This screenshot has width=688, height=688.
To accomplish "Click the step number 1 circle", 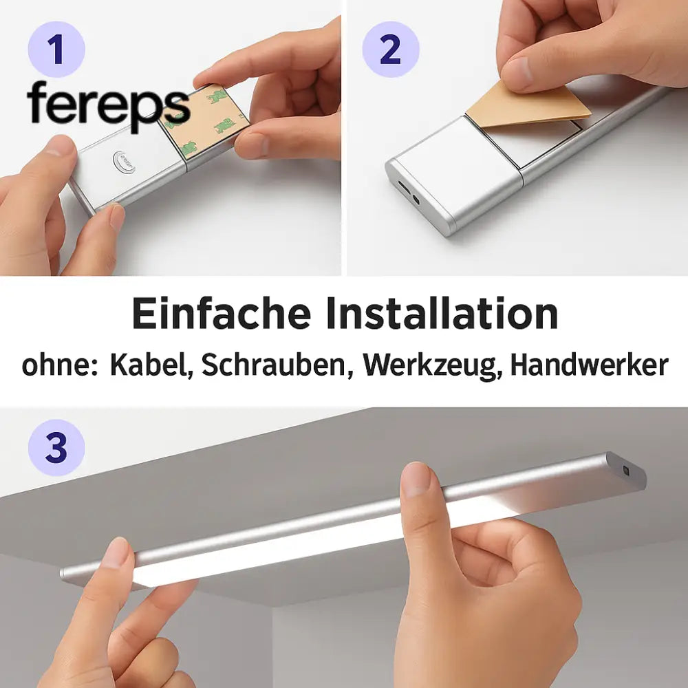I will (x=56, y=49).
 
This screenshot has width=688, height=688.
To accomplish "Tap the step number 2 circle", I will (x=390, y=49).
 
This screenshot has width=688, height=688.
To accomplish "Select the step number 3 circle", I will (x=56, y=448).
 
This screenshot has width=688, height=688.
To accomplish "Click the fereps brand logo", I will (x=108, y=105).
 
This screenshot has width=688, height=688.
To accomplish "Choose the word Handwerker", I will (x=589, y=365).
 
